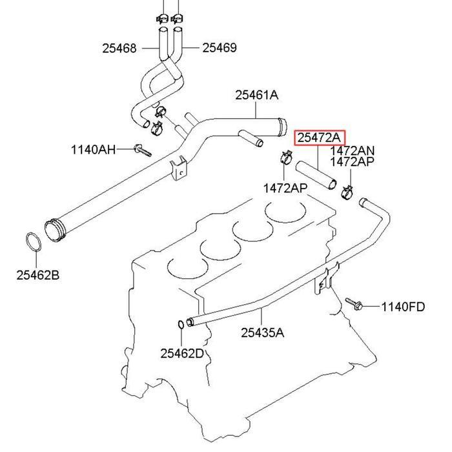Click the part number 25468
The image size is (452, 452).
119,48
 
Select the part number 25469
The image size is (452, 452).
219,48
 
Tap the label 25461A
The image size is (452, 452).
256,95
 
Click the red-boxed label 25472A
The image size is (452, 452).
320,138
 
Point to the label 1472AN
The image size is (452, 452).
352,150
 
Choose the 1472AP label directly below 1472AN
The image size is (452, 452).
352,162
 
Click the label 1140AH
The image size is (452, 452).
93,150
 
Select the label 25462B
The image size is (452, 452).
37,275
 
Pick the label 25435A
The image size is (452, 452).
262,333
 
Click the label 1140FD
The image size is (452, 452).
403,307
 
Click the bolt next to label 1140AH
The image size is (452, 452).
142,151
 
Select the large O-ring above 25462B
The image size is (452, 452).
34,243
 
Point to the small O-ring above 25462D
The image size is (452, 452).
180,324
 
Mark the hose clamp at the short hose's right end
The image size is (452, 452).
347,190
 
